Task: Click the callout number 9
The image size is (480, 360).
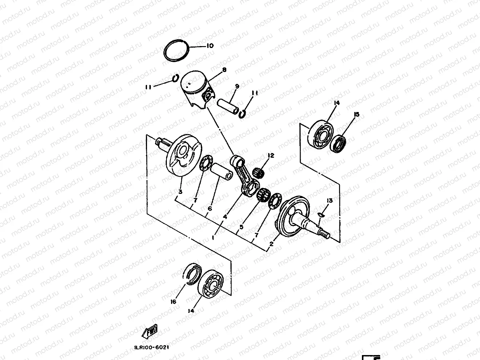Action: (x=237, y=87)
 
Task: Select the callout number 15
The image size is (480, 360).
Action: (x=356, y=114)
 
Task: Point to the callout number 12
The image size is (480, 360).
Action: (x=271, y=155)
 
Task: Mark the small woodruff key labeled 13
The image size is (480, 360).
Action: (x=320, y=215)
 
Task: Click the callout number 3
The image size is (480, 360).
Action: (x=180, y=192)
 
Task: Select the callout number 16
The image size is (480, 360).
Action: (x=173, y=302)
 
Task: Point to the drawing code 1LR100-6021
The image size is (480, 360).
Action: (x=152, y=347)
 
